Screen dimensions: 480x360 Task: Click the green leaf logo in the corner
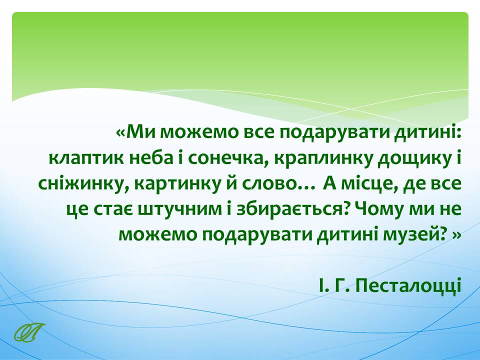(29, 332)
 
